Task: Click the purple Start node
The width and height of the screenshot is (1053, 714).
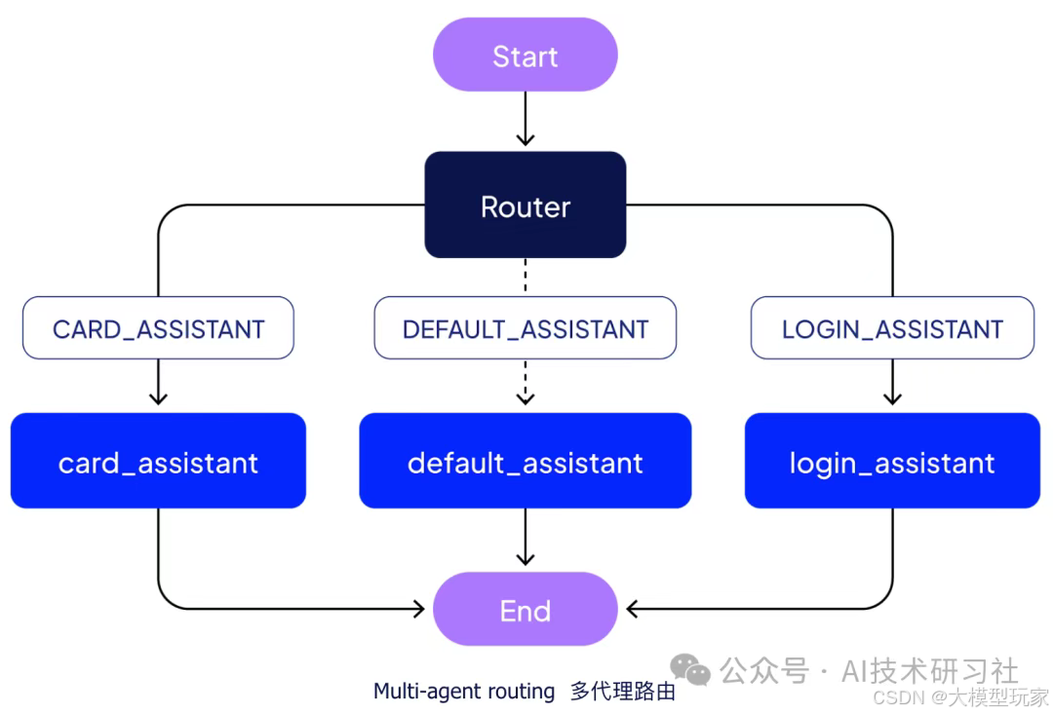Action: coord(525,56)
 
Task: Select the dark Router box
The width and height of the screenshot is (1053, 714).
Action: coord(525,205)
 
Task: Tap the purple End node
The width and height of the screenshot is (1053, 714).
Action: coord(525,610)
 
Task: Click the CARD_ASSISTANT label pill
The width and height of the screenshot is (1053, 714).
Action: coord(158,328)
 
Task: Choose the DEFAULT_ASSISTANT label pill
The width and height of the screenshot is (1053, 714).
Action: coord(525,328)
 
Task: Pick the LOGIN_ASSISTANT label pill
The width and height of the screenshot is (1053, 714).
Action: coord(892,328)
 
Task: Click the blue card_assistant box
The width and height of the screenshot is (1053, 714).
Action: coord(158,461)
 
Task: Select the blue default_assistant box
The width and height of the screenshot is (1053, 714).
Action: coord(525,461)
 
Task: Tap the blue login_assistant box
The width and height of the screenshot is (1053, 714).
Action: coord(892,461)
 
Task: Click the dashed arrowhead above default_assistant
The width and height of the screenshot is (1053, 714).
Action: coord(525,397)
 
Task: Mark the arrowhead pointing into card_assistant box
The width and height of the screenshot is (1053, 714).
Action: coord(158,397)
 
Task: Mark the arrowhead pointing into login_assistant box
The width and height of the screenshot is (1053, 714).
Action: coord(892,397)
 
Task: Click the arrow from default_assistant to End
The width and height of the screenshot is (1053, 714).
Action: coord(525,538)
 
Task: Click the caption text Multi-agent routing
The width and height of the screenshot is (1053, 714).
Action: coord(464,692)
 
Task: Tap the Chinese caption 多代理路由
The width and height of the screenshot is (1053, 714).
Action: coord(622,692)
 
